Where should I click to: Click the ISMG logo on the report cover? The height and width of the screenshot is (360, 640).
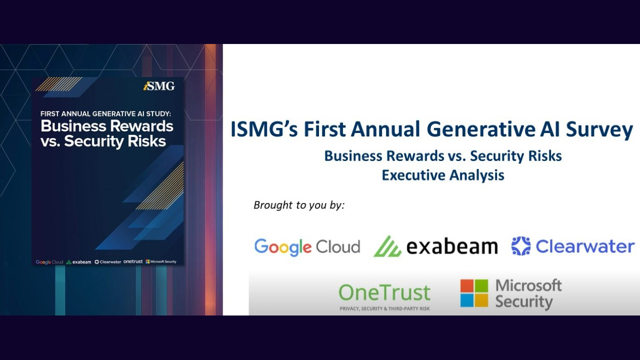[x=159, y=86]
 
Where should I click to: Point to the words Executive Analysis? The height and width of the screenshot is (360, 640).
[x=442, y=175]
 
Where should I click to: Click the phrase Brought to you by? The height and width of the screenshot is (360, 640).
[x=299, y=205]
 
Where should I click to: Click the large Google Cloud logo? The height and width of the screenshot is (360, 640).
[x=307, y=246]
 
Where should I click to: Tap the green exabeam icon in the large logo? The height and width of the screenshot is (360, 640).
[x=387, y=246]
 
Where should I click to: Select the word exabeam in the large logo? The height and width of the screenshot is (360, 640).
[x=452, y=246]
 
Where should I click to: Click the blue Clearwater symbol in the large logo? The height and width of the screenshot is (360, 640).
[x=520, y=246]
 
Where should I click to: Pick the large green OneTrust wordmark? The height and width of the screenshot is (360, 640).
[x=384, y=292]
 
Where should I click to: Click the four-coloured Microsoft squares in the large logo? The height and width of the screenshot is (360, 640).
[x=474, y=293]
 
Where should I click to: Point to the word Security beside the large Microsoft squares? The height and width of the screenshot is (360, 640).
[x=523, y=302]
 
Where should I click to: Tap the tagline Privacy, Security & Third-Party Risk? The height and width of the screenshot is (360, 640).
[x=384, y=309]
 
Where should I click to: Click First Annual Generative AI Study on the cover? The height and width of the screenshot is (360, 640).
[x=105, y=113]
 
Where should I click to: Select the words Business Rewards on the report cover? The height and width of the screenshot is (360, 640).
[x=106, y=126]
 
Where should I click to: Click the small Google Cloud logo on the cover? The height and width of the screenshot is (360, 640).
[x=49, y=262]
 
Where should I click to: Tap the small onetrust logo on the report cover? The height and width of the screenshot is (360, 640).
[x=133, y=261]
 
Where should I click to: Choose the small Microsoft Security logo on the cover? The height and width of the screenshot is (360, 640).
[x=160, y=261]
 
